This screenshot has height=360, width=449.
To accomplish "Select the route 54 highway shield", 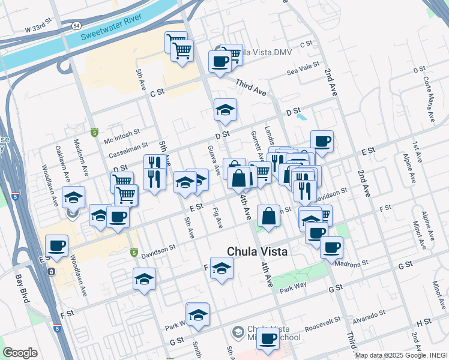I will (x=76, y=26).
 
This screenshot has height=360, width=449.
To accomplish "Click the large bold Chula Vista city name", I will (x=257, y=252).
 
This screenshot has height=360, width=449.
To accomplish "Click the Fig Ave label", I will (x=217, y=217).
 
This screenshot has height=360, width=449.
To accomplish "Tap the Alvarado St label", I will (x=370, y=316).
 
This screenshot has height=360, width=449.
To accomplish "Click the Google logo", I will (x=20, y=353).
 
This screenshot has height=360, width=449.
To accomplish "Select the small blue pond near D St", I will (x=302, y=118).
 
